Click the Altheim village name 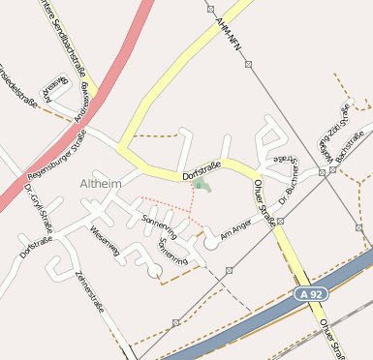pyautogui.click(x=102, y=182)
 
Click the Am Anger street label pyautogui.click(x=235, y=228)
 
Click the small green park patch pyautogui.click(x=201, y=184)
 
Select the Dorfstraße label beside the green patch pyautogui.click(x=202, y=171)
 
